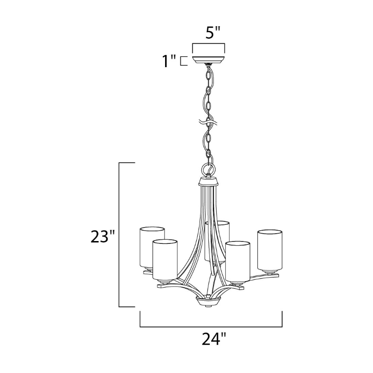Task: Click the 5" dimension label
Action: pyautogui.click(x=213, y=33)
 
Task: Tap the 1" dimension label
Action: pyautogui.click(x=169, y=61)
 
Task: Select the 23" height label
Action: pyautogui.click(x=103, y=236)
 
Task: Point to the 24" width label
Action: pyautogui.click(x=214, y=338)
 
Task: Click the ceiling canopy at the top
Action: pyautogui.click(x=208, y=60)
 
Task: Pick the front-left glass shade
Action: pyautogui.click(x=165, y=260)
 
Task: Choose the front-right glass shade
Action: pyautogui.click(x=238, y=262)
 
